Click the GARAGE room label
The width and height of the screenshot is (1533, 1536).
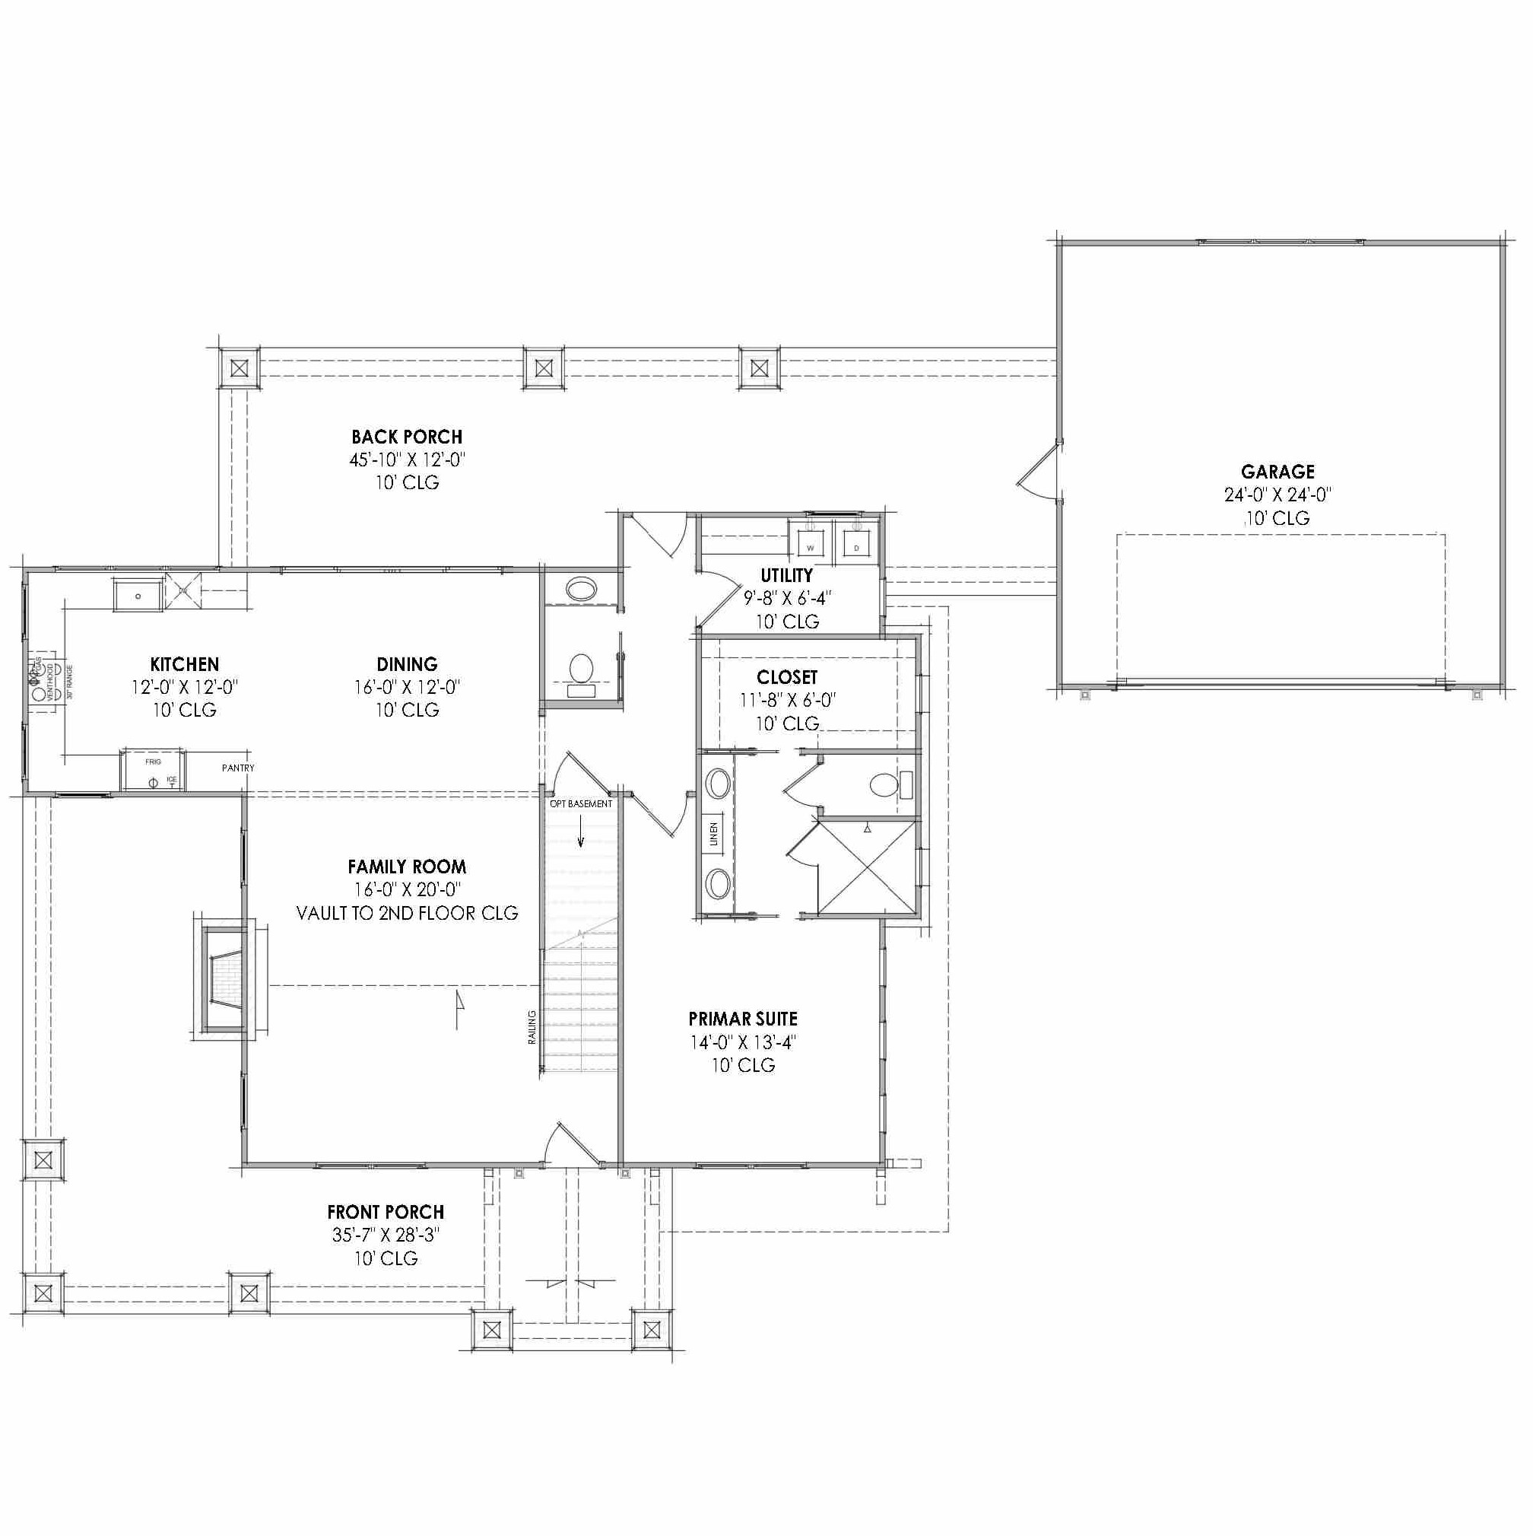[x=1277, y=472]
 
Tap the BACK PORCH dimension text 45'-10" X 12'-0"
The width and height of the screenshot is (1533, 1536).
[x=407, y=460]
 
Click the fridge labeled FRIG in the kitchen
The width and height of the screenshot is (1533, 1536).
[x=153, y=771]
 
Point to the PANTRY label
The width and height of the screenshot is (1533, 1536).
[x=237, y=768]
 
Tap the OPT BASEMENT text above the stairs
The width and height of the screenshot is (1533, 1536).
[x=581, y=804]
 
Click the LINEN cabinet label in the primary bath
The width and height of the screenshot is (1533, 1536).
[x=713, y=834]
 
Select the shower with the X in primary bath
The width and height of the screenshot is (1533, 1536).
[x=867, y=867]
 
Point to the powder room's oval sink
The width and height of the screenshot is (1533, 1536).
[x=582, y=589]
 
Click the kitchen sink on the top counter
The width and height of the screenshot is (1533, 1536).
[x=138, y=596]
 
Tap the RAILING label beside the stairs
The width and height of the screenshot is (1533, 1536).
[x=532, y=1027]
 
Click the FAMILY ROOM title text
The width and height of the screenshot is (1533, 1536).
[x=407, y=867]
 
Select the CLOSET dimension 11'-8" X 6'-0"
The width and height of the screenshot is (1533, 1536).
[x=787, y=701]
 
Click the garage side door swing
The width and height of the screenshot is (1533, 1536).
[x=1038, y=472]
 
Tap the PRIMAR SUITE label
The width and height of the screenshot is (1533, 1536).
[x=742, y=1019]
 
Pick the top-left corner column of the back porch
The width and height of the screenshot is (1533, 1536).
[x=240, y=368]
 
